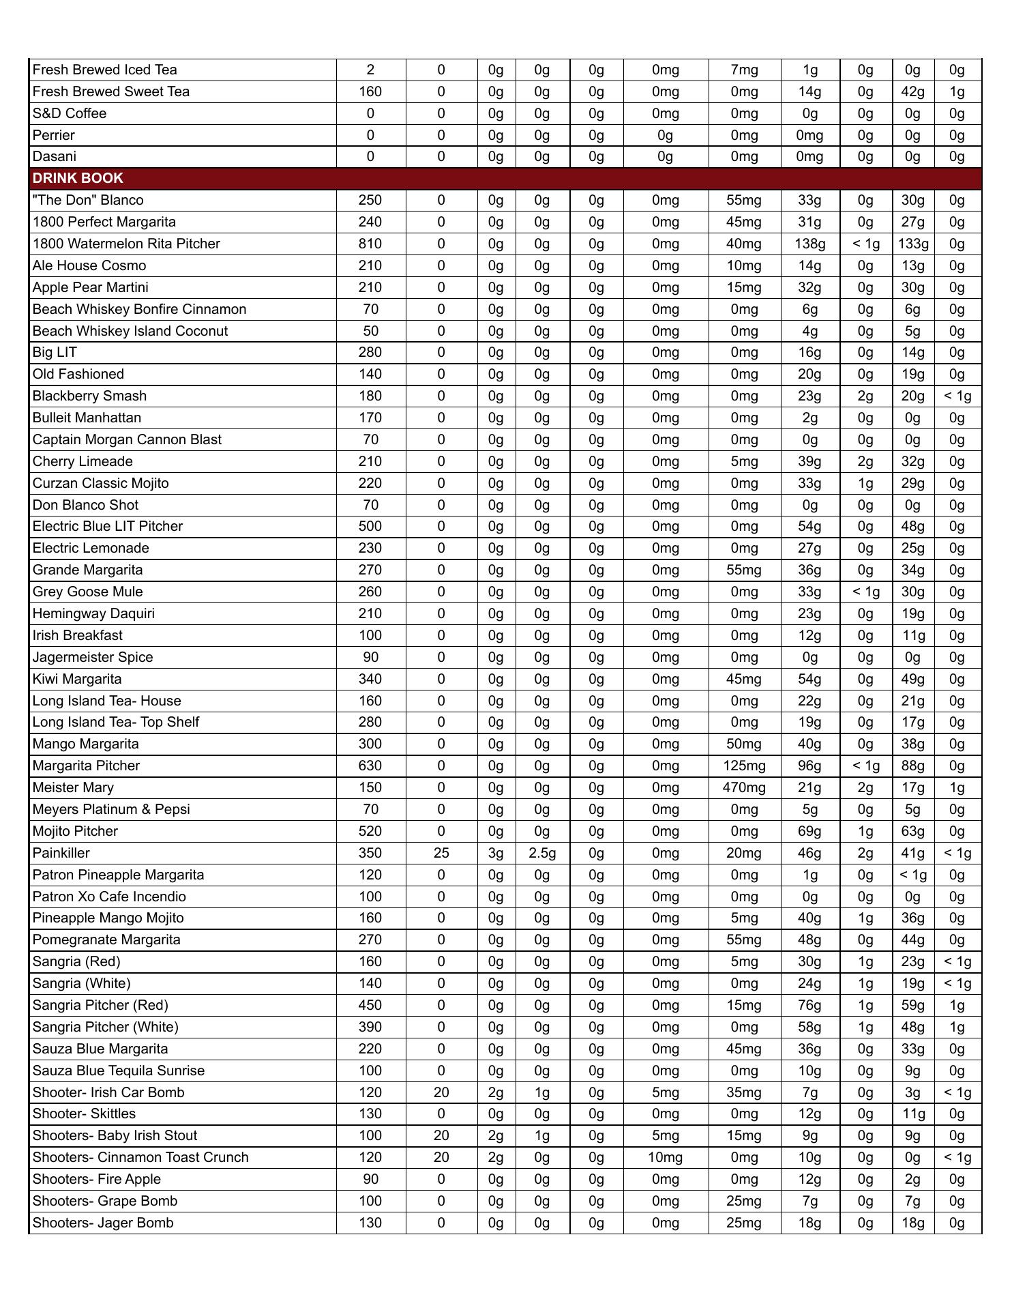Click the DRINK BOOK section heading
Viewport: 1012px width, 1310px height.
click(x=78, y=178)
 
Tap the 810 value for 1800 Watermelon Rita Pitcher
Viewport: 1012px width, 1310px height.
click(x=370, y=244)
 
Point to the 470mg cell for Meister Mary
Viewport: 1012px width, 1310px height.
click(x=744, y=787)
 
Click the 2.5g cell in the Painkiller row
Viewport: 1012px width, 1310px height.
click(x=542, y=853)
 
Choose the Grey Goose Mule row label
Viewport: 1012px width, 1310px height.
click(x=88, y=592)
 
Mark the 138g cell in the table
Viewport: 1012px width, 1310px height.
click(x=809, y=244)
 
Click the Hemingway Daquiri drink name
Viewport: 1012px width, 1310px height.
click(x=93, y=613)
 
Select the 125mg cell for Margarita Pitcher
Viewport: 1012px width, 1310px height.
click(x=744, y=766)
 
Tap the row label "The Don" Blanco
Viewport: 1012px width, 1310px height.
click(x=88, y=200)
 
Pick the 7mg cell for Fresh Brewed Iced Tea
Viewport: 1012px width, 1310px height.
click(x=744, y=70)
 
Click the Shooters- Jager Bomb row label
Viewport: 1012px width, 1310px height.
click(x=103, y=1223)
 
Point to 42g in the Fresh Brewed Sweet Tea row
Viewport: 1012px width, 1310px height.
click(x=912, y=91)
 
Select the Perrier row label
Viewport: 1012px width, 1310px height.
click(x=54, y=135)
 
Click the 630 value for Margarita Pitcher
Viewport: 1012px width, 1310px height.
click(x=370, y=766)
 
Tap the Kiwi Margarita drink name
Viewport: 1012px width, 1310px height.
click(x=77, y=679)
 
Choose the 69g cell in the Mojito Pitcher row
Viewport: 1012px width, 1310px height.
click(x=809, y=831)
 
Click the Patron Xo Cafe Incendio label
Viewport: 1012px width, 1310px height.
click(x=109, y=897)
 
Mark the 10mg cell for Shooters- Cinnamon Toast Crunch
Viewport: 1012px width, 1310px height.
click(x=665, y=1157)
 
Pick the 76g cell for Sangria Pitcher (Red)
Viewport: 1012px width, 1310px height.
click(x=809, y=1005)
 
